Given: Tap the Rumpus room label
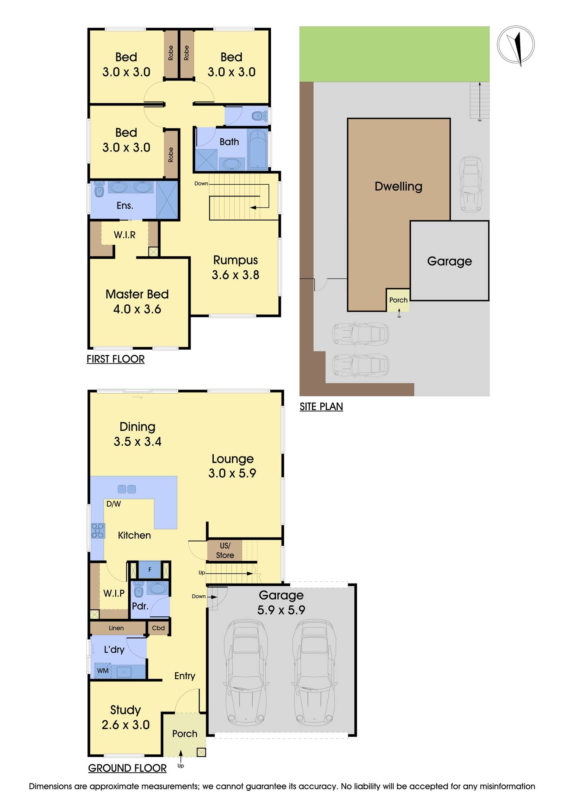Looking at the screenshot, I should [x=235, y=260].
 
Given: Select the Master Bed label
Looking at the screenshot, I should [x=137, y=294].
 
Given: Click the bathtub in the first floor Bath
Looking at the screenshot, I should [x=257, y=150].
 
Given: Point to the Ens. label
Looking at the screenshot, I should [x=125, y=205].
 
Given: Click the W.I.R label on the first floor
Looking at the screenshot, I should [x=125, y=235].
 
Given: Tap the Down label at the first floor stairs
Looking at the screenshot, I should [x=201, y=184].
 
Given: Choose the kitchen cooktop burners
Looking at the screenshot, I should [x=98, y=530].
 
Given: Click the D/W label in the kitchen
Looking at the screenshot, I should [x=114, y=504].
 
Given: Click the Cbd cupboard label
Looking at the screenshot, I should [x=158, y=628].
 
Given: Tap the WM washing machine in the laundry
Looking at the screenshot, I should [x=102, y=671].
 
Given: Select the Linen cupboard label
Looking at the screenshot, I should [x=116, y=628].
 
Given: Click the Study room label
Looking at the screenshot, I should [x=125, y=710].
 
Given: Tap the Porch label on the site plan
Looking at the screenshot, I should [x=398, y=300].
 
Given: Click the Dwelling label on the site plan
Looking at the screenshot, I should [x=398, y=186].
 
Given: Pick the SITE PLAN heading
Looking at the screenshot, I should [x=321, y=407].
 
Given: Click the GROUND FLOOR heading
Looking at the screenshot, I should [x=127, y=768].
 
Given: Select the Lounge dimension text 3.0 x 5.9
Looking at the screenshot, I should [x=232, y=473].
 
